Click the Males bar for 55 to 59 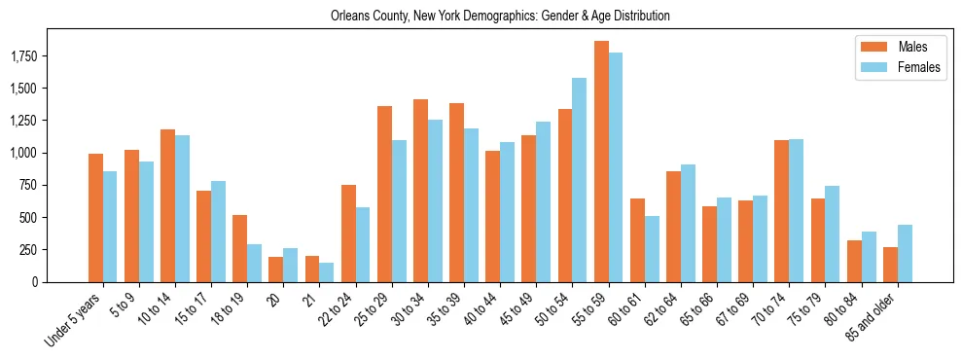(601, 162)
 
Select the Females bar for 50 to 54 (580, 180)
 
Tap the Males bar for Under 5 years (95, 218)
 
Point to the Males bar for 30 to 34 (420, 191)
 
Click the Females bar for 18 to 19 (255, 263)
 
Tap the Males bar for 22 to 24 (348, 234)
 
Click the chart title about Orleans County (500, 17)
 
